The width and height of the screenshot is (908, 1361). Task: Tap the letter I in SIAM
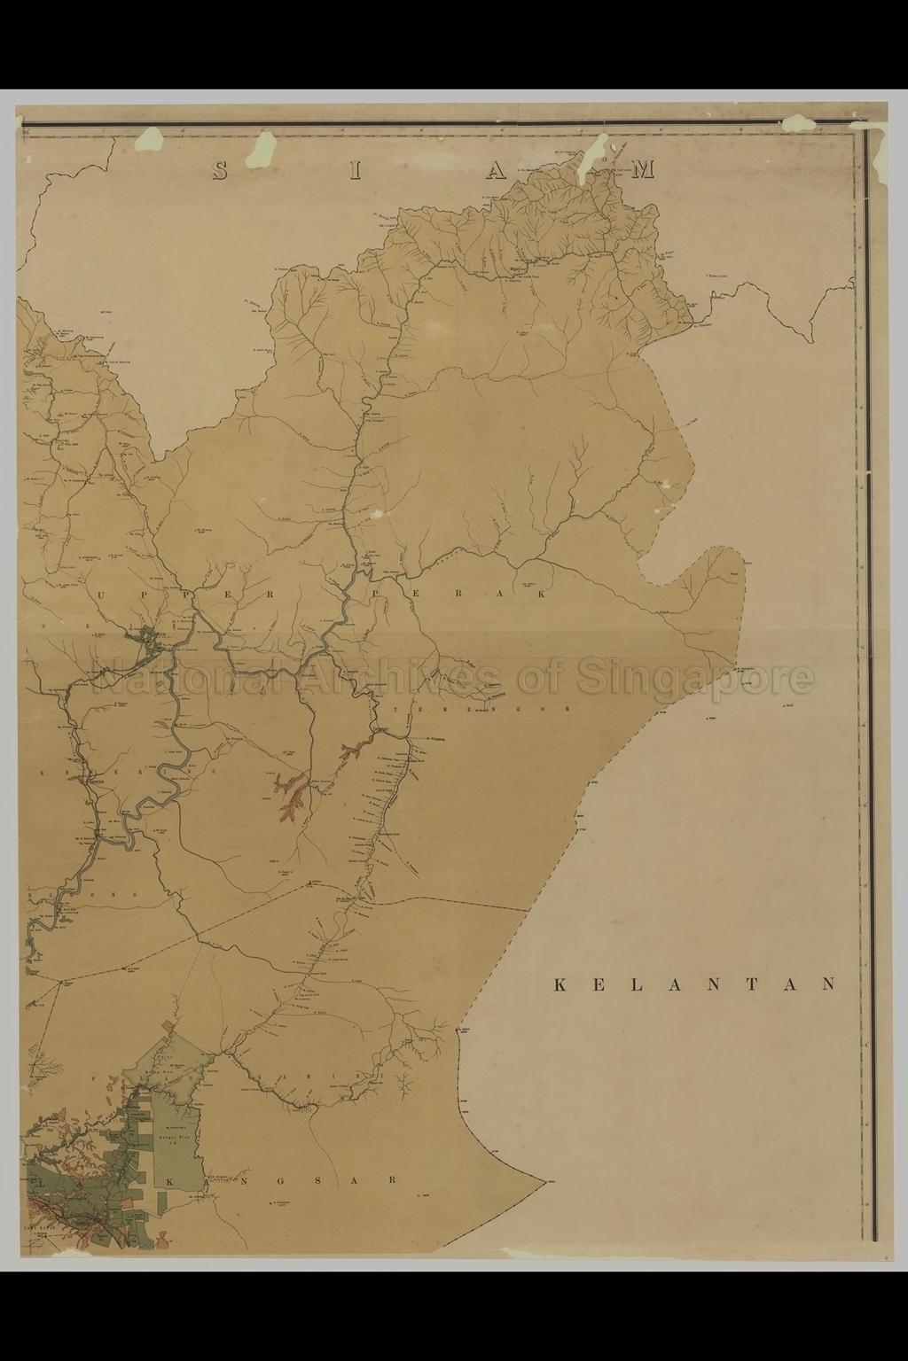point(354,170)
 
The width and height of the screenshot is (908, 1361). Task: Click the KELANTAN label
point(695,984)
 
